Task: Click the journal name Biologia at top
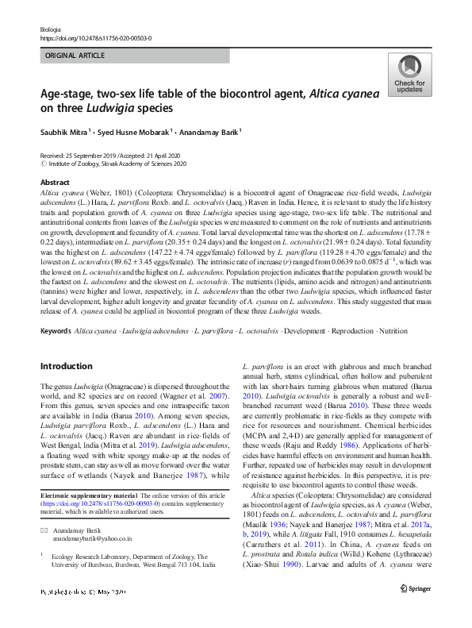(x=50, y=28)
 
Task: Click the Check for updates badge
(x=409, y=75)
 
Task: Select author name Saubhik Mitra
(x=67, y=131)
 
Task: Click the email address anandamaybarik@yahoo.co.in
(x=92, y=537)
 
